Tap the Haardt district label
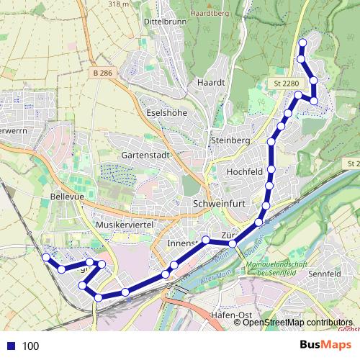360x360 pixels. pos(211,83)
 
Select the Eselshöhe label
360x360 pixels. pos(166,112)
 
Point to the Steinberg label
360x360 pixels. pos(230,140)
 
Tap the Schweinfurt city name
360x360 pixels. pos(220,204)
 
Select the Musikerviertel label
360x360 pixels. pos(126,225)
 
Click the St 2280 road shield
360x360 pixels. pos(286,84)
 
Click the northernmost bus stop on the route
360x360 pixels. pos(302,43)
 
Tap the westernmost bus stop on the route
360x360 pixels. pos(46,257)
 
